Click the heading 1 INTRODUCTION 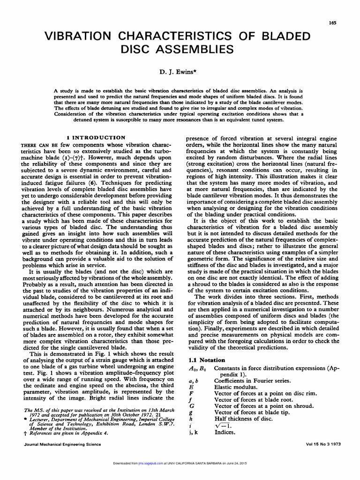(x=96, y=138)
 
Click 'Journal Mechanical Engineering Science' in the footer (x=62, y=444)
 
